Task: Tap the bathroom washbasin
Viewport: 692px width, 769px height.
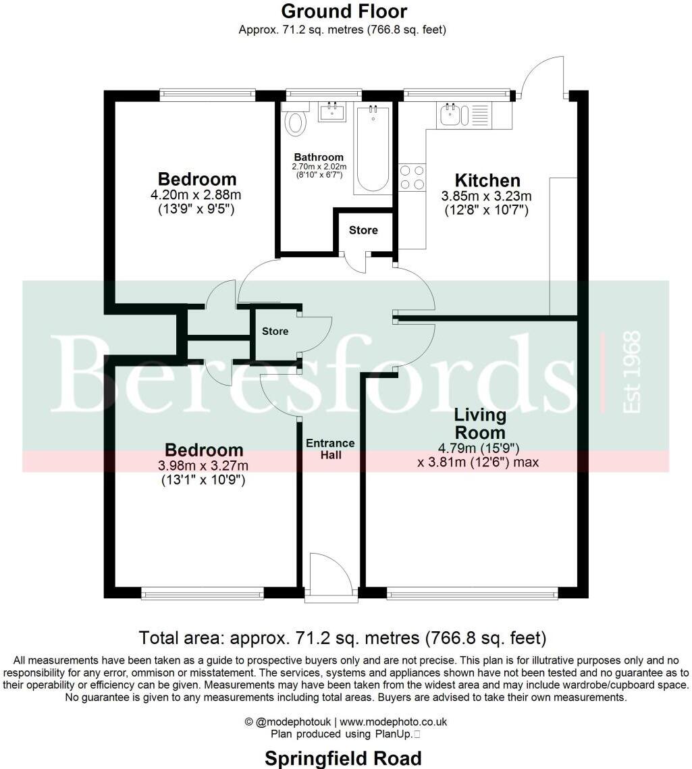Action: (x=331, y=112)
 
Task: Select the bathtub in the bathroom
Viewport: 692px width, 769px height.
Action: (x=373, y=149)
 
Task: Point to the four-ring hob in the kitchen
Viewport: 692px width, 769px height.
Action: (x=412, y=177)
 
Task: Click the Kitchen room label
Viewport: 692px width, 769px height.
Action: (x=487, y=180)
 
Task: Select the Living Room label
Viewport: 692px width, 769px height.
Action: (x=479, y=423)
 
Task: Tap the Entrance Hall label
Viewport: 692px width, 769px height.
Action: (x=330, y=449)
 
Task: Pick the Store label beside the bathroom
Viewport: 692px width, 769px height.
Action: (x=363, y=230)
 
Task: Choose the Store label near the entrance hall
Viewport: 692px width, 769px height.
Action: (x=275, y=332)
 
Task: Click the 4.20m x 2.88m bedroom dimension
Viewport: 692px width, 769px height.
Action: (x=196, y=195)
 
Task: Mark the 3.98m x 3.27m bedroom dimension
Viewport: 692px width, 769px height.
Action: (x=203, y=466)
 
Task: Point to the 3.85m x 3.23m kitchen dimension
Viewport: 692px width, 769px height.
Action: (x=486, y=196)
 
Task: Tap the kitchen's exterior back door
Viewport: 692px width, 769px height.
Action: (x=544, y=76)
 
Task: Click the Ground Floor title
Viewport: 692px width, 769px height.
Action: (x=344, y=11)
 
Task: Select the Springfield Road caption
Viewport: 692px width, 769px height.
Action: (x=343, y=758)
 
